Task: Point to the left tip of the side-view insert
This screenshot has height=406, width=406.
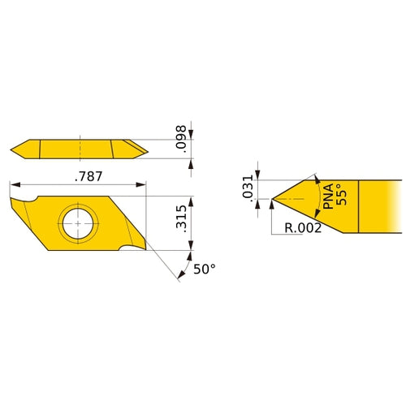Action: [13, 149]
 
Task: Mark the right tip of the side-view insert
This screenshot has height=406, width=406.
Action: [147, 149]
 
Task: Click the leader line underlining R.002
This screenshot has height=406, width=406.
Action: [303, 235]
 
